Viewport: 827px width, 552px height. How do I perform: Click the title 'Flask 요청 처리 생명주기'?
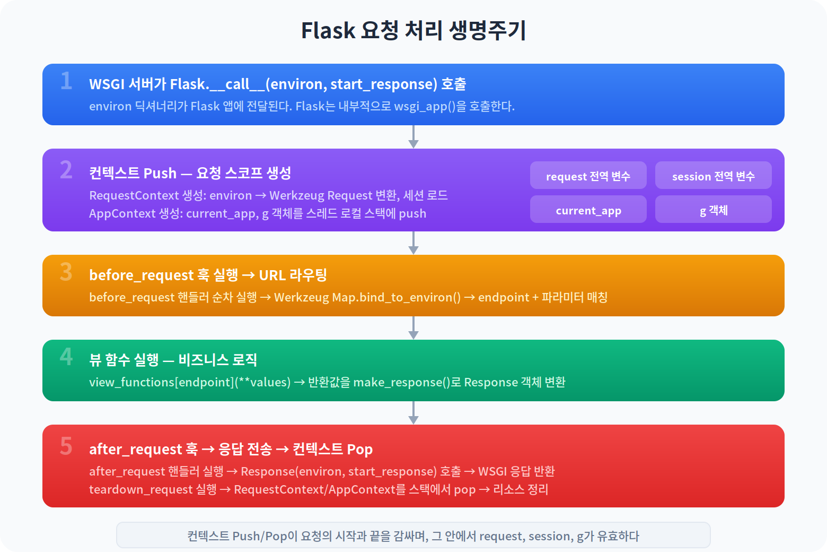(413, 31)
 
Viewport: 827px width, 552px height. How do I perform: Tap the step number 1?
(66, 81)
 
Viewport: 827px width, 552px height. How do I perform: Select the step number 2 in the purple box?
(66, 170)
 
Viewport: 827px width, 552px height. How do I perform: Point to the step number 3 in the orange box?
(66, 272)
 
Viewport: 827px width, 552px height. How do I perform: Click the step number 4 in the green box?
(66, 357)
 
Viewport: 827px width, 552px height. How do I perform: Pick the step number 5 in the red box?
(66, 446)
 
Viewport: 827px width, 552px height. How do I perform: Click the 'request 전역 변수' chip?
(588, 176)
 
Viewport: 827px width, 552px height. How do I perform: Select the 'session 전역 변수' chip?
(713, 176)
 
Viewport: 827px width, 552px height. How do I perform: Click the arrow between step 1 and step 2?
(413, 137)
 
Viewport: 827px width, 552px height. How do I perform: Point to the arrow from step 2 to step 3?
(413, 243)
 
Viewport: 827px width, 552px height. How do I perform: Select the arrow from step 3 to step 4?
(413, 328)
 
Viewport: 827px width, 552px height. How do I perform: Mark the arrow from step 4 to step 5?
(413, 413)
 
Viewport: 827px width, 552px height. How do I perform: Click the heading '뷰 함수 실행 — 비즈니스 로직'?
(173, 360)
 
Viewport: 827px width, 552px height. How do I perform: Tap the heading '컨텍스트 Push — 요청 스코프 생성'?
(190, 173)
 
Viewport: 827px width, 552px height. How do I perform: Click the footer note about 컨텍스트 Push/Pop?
(413, 536)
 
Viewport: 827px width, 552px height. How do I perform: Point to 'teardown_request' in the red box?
(140, 489)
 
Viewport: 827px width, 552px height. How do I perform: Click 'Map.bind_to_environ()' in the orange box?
(396, 297)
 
